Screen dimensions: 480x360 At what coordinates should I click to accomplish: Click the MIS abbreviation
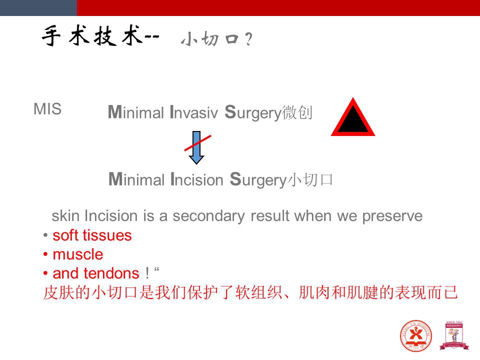[47, 109]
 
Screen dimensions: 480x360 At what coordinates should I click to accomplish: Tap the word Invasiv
[193, 112]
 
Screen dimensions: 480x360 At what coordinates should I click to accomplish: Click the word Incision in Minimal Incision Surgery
[197, 179]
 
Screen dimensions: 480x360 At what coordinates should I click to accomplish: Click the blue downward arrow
[196, 147]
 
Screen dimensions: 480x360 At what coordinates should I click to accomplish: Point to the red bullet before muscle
[45, 254]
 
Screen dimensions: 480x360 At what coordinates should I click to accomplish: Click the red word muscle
[78, 254]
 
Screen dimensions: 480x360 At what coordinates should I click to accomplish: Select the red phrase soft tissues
[92, 235]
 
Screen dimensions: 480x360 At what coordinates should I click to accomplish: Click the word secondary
[209, 216]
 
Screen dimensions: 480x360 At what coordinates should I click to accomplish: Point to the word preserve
[392, 216]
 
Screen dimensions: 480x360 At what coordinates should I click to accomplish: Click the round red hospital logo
[415, 336]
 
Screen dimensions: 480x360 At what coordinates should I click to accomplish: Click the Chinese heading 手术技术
[92, 36]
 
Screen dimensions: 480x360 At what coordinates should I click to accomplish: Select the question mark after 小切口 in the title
[248, 39]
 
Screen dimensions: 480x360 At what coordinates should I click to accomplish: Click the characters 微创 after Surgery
[297, 112]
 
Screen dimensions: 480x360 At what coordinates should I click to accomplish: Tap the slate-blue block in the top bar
[38, 8]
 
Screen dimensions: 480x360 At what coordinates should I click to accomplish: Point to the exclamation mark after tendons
[147, 273]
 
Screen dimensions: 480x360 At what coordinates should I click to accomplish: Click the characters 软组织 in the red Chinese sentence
[259, 292]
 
